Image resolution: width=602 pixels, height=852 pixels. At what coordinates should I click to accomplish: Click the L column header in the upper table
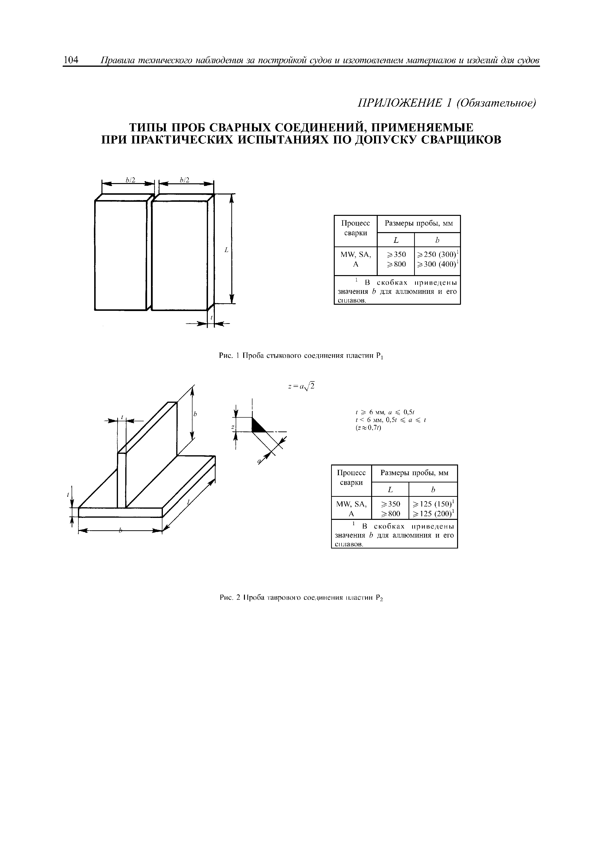point(396,240)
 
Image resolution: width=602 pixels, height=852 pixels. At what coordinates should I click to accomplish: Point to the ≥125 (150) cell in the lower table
point(433,504)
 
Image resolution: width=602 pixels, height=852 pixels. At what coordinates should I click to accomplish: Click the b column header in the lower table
point(433,490)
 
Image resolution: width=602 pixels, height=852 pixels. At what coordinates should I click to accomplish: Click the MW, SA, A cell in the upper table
point(356,259)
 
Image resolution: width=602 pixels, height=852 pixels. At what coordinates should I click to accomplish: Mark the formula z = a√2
point(301,387)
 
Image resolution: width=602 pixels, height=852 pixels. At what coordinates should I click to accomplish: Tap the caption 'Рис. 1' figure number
point(229,356)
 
